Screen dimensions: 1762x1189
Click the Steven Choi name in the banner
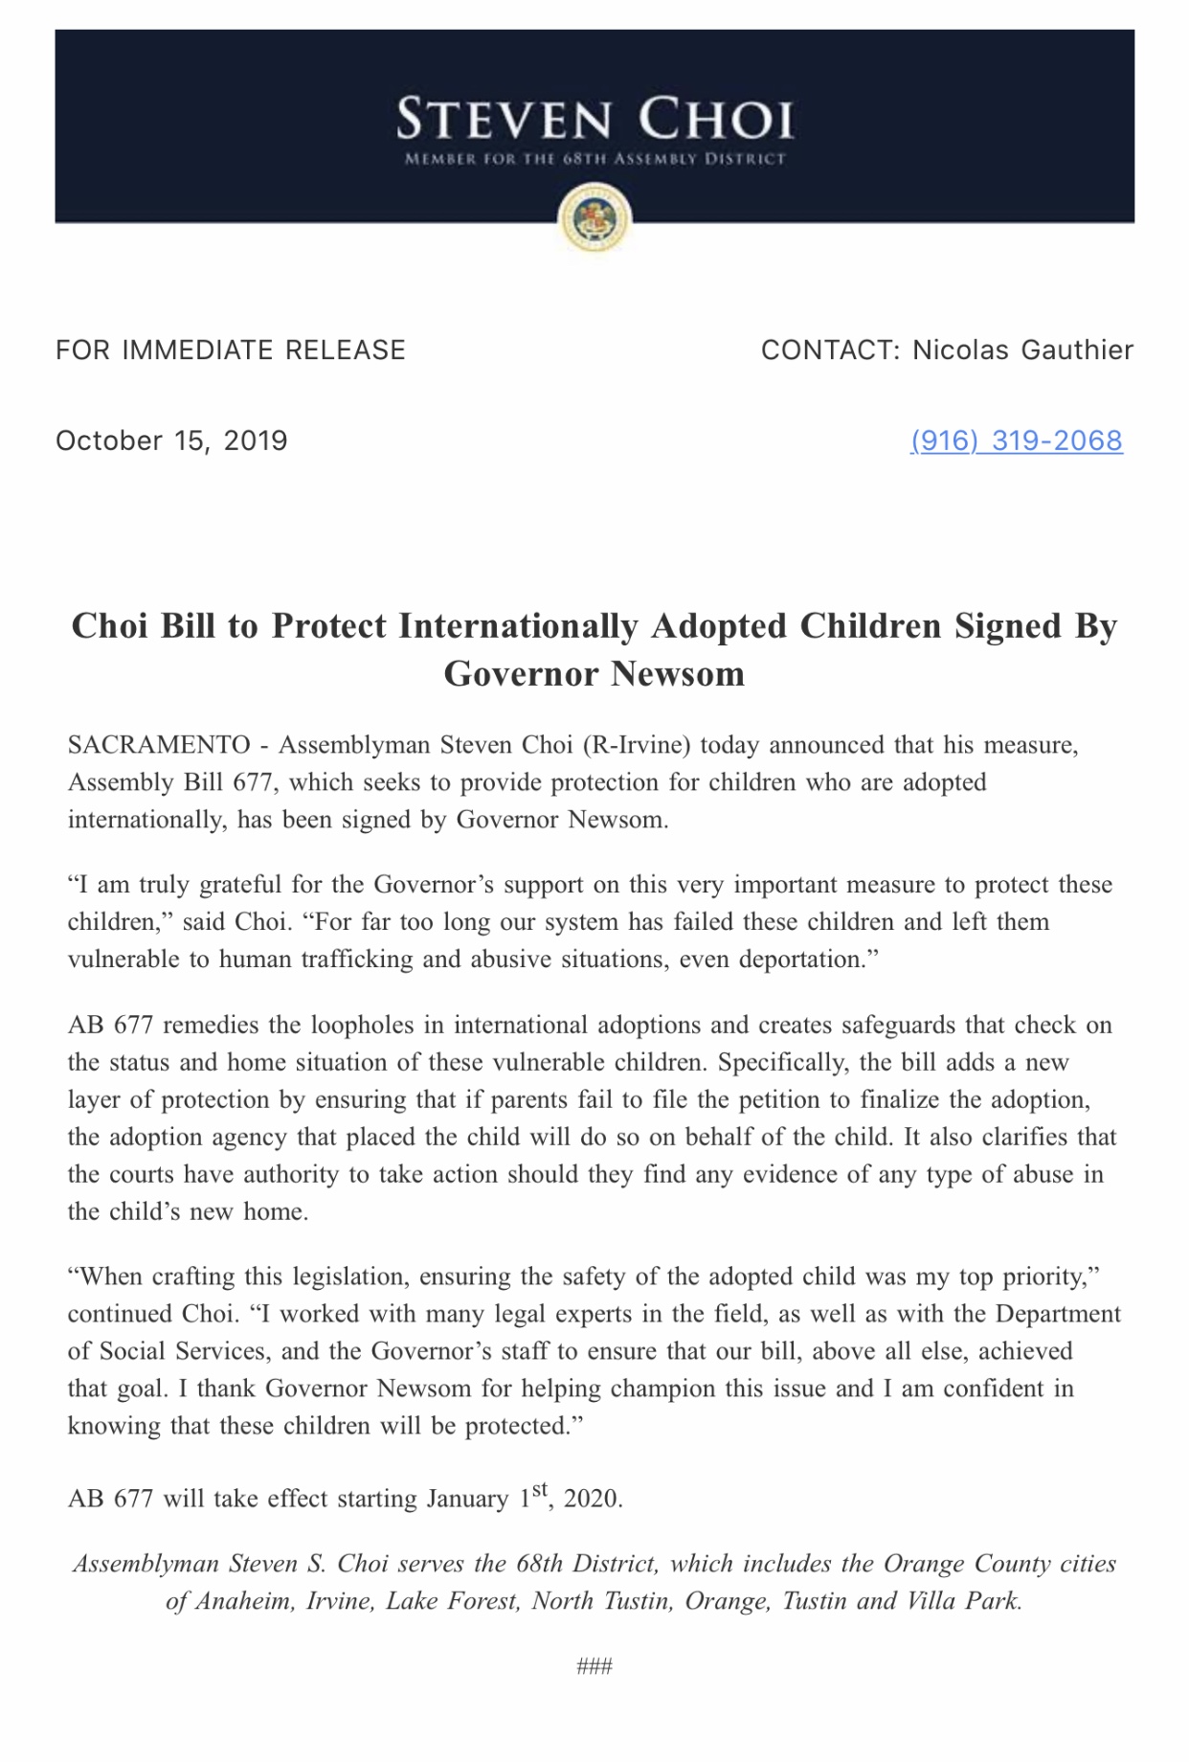coord(594,121)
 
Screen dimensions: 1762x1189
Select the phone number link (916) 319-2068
coord(1016,440)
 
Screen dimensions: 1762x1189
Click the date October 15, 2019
coord(171,440)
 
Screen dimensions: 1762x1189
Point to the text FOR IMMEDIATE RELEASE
coord(231,350)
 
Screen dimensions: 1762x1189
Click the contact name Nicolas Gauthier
coord(1022,350)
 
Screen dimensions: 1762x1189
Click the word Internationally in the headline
coord(518,626)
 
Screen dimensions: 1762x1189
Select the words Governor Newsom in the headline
coord(594,674)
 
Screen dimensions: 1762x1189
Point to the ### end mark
coord(594,1667)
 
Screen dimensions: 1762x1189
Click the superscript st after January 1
coord(540,1489)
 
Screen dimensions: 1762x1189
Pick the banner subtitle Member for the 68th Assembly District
coord(594,159)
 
